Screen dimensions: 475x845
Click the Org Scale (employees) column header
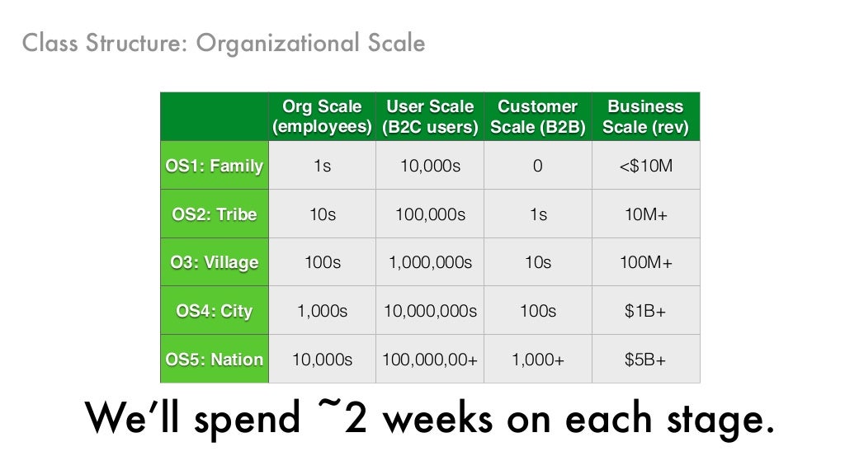coord(322,117)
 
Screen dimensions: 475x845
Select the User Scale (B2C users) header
coord(430,117)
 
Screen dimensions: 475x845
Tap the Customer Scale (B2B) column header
coord(537,117)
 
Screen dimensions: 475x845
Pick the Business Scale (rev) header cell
coord(645,117)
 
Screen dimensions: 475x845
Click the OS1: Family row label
coord(215,166)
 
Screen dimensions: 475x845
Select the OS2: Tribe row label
coord(215,214)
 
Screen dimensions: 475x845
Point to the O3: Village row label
coord(215,263)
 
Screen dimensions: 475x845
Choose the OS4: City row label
coord(215,311)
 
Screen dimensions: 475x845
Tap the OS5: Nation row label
coord(215,360)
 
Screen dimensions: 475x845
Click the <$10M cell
coord(645,166)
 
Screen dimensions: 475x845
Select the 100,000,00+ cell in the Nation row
coord(430,360)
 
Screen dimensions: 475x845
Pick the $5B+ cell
coord(645,360)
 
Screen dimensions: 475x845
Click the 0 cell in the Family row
coord(537,166)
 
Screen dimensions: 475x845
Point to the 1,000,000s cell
coord(430,263)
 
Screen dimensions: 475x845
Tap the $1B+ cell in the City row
coord(645,311)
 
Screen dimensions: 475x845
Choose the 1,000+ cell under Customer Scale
coord(537,360)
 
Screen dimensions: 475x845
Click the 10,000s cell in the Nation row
coord(322,360)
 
